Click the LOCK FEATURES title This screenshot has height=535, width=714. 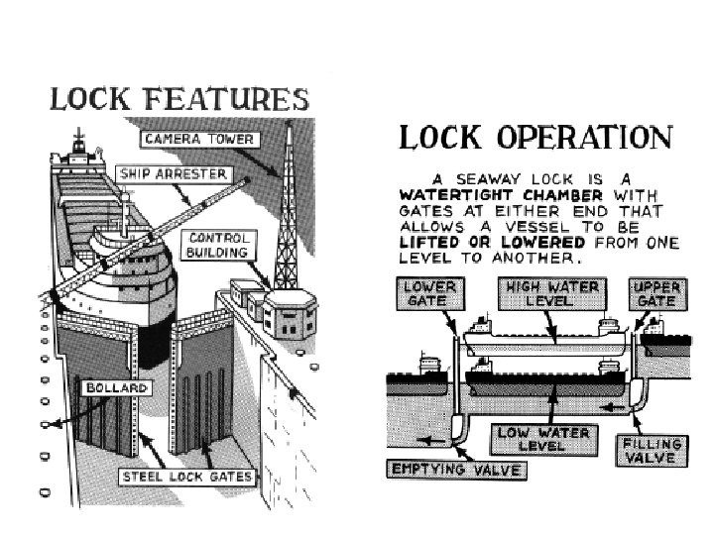click(179, 100)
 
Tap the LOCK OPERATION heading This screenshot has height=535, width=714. click(535, 137)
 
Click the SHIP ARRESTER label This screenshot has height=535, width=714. click(173, 174)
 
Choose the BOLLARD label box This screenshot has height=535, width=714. click(116, 386)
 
